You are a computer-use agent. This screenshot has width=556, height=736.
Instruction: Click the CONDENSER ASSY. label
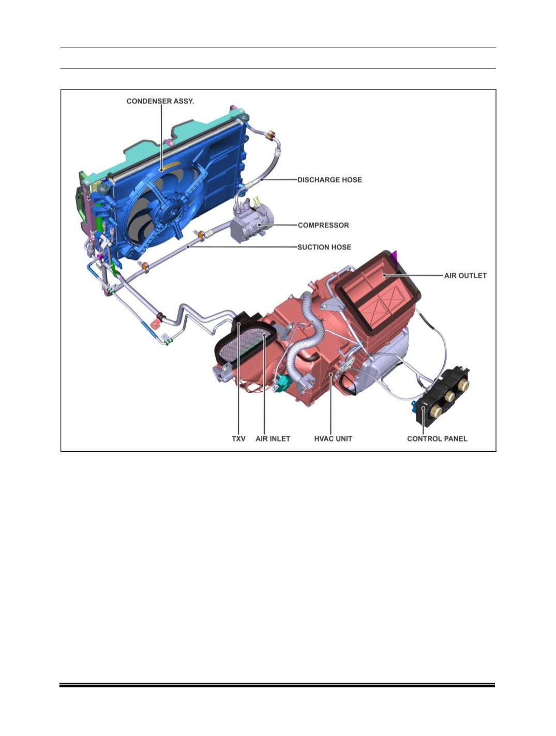(x=160, y=101)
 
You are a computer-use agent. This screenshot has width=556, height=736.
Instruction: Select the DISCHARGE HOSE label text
(x=329, y=180)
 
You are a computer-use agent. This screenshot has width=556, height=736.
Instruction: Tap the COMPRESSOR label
(x=323, y=225)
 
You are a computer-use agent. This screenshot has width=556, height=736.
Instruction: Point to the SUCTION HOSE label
(x=324, y=247)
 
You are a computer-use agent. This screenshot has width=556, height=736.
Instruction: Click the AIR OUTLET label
(x=465, y=276)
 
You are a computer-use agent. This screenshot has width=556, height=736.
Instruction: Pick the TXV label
(x=238, y=438)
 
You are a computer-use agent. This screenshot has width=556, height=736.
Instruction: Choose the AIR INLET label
(x=273, y=438)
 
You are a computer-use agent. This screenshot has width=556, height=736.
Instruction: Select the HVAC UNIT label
(x=333, y=438)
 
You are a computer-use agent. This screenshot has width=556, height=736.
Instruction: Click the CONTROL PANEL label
(x=437, y=438)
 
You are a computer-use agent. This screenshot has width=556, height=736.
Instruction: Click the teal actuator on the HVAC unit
(x=282, y=383)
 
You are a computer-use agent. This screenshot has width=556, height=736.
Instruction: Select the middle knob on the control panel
(x=449, y=397)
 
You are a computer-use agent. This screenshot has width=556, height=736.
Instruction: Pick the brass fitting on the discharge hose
(x=270, y=136)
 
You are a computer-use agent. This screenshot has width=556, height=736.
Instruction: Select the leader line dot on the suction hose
(x=188, y=247)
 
